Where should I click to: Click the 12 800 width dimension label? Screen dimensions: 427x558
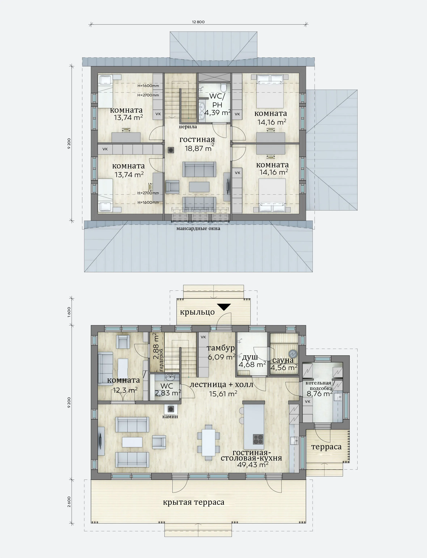[198, 22]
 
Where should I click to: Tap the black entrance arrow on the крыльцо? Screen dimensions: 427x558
[224, 307]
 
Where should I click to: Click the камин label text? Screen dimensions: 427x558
[170, 417]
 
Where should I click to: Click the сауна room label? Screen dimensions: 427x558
[283, 360]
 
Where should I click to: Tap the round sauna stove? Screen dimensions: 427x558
[293, 354]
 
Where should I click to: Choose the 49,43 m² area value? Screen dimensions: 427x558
[253, 464]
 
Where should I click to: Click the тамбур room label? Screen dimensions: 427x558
[221, 348]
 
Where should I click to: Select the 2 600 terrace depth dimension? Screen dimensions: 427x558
[69, 502]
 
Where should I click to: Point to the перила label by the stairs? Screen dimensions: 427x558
[188, 127]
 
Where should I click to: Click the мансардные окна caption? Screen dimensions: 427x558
[198, 229]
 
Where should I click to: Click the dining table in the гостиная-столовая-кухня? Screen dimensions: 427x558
[208, 443]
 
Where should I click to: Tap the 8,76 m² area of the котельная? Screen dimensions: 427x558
[320, 393]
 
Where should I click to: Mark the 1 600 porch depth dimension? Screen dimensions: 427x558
[69, 312]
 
